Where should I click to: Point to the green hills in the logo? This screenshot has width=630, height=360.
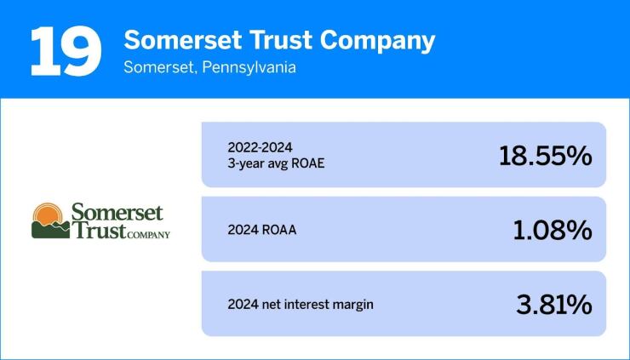50,229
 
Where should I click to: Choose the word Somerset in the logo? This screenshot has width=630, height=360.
117,211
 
